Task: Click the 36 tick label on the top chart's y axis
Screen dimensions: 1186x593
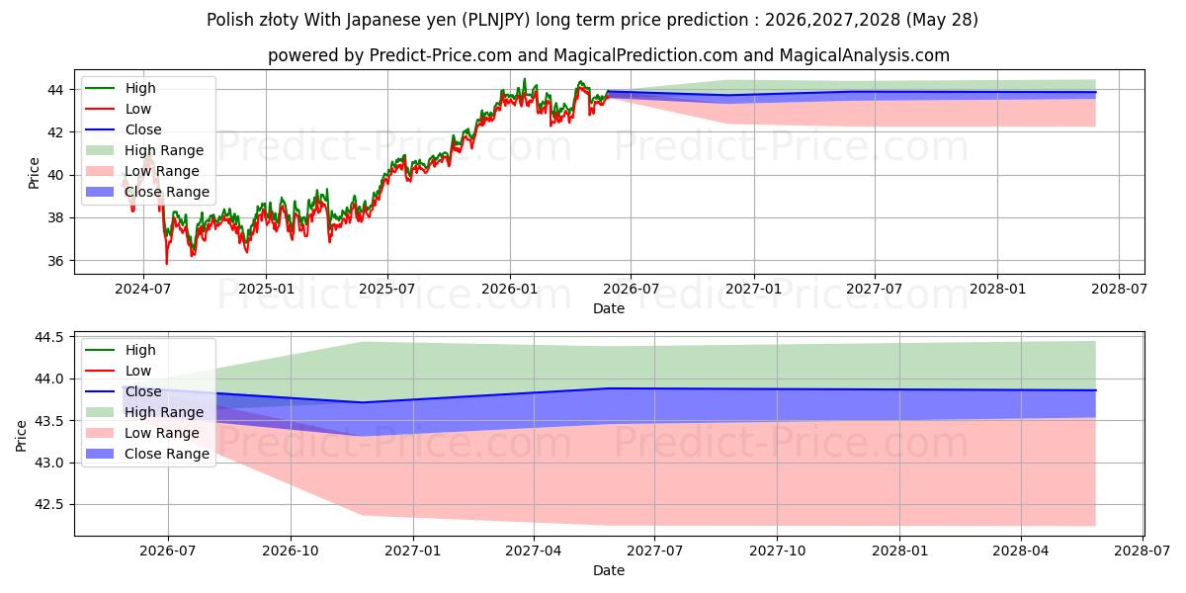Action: (x=55, y=261)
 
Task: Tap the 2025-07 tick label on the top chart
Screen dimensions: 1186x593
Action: (x=387, y=289)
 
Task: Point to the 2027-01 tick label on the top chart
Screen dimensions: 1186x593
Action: (x=753, y=289)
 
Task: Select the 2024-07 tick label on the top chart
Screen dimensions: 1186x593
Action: (x=143, y=289)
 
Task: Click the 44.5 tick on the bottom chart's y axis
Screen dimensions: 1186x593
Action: (x=48, y=337)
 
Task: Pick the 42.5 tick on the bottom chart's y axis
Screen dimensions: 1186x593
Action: (x=48, y=505)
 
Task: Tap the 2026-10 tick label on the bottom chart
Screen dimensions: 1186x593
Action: (x=291, y=551)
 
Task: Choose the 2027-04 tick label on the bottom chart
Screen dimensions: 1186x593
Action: (x=534, y=551)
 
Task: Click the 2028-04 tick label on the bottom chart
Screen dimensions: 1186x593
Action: (x=1021, y=551)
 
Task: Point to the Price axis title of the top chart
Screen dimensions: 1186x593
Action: (x=34, y=173)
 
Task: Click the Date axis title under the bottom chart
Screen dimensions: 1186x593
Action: (x=609, y=570)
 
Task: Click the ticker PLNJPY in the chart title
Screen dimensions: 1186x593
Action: (x=495, y=20)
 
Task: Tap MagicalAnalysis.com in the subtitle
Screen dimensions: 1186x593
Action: (x=865, y=55)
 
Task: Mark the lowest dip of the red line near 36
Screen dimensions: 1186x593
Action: (x=167, y=264)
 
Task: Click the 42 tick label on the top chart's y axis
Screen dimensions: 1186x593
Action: (x=55, y=132)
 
